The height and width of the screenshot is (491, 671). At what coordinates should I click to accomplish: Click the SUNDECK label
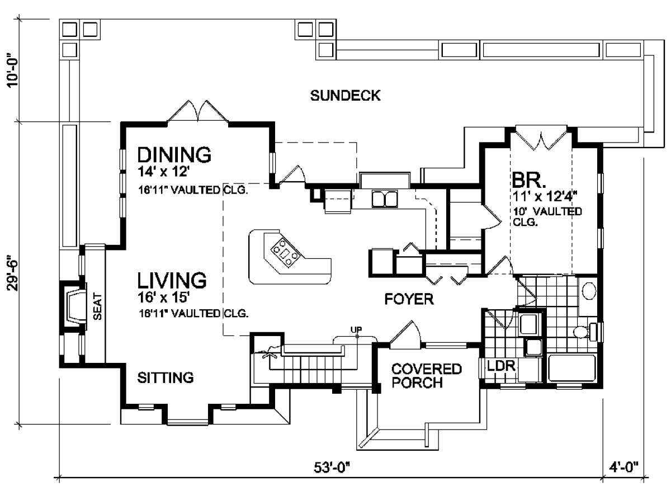click(345, 96)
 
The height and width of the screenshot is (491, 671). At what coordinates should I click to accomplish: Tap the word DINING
click(174, 154)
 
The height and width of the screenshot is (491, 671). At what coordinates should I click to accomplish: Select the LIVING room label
click(172, 280)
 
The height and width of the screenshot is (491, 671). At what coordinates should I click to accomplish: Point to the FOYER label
click(409, 299)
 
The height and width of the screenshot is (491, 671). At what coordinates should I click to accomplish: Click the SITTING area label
click(166, 378)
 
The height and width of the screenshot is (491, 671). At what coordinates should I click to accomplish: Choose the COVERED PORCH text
click(427, 376)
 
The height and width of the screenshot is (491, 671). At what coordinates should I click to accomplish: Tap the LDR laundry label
click(501, 366)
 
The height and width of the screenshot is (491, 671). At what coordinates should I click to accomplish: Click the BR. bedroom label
click(529, 181)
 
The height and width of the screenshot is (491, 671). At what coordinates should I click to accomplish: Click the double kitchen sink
click(385, 199)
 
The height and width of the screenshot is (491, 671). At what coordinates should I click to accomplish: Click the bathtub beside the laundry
click(572, 368)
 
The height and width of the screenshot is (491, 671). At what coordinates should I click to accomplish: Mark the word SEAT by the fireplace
click(97, 306)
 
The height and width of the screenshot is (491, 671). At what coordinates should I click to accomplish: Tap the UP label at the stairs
click(356, 329)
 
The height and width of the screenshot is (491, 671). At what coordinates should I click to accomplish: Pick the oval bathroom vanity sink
click(589, 291)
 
